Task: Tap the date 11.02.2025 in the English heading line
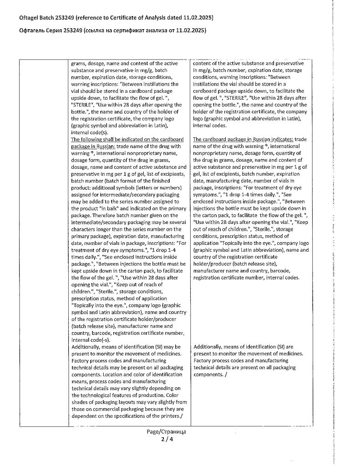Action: [x=197, y=17]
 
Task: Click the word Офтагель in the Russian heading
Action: [x=32, y=30]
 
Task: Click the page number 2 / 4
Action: [x=167, y=440]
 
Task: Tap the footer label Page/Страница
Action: [x=167, y=432]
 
